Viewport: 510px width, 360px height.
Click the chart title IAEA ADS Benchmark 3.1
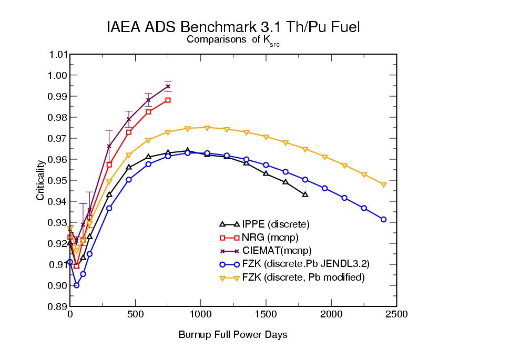233,27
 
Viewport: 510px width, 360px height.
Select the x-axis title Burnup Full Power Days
233,334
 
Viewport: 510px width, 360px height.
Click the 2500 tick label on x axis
396,315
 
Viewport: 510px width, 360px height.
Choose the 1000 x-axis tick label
201,315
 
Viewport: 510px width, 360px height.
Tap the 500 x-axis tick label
136,315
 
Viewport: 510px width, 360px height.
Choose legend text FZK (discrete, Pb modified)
303,277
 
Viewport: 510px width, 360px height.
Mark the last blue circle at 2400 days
383,219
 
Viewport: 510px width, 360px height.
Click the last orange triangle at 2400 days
383,184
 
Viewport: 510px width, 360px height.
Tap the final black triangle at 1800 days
305,194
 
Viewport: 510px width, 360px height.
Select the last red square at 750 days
168,100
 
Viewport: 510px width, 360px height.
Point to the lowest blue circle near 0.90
76,285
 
